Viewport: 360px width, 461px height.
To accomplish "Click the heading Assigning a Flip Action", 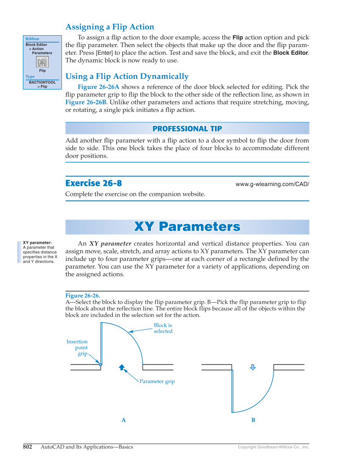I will [x=110, y=27].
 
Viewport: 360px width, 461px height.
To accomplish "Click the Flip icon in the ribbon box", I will [x=42, y=62].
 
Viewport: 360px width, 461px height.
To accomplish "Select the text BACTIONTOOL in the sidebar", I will [x=42, y=82].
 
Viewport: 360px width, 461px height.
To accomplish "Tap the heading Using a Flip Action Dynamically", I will [x=127, y=76].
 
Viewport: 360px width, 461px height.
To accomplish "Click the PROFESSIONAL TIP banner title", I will [x=187, y=129].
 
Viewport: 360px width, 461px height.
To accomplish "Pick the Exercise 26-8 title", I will [x=94, y=183].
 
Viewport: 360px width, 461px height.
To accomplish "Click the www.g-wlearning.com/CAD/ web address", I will [x=272, y=184].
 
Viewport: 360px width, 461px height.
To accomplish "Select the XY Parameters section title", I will [x=187, y=226].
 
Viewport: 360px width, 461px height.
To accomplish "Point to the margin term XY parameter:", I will [x=37, y=243].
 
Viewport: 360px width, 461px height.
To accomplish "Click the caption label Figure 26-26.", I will [x=83, y=296].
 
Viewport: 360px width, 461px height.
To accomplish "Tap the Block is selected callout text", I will [x=163, y=328].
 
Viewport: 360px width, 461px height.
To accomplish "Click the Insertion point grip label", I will [x=77, y=347].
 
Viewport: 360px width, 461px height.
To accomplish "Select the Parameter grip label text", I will [x=157, y=381].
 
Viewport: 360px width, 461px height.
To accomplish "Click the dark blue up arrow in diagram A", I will [x=122, y=367].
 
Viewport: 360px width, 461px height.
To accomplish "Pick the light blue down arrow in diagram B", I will [x=253, y=367].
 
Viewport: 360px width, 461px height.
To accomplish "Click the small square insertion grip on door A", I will [x=100, y=364].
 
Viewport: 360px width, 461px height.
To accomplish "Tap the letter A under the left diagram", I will [x=123, y=420].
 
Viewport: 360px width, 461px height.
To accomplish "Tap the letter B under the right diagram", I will [x=253, y=420].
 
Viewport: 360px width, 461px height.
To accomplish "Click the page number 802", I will [x=28, y=447].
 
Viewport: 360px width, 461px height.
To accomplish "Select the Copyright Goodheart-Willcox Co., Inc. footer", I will [x=273, y=447].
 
